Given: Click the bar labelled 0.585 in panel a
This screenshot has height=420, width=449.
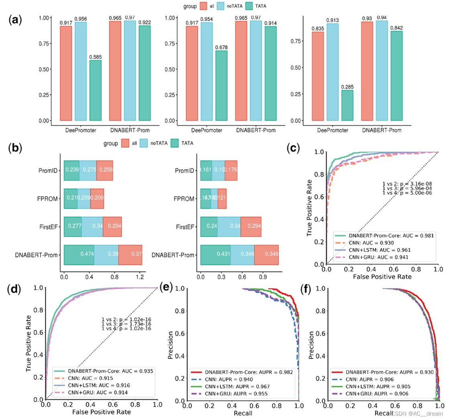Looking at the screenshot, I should tap(95, 90).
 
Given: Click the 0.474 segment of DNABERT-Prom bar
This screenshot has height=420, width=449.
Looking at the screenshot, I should tap(79, 255).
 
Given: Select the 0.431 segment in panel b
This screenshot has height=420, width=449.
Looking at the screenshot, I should tap(215, 255).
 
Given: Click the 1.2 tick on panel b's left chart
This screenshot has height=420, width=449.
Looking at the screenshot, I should tap(140, 277).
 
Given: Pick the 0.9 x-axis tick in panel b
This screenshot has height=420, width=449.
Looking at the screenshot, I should tap(263, 277).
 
